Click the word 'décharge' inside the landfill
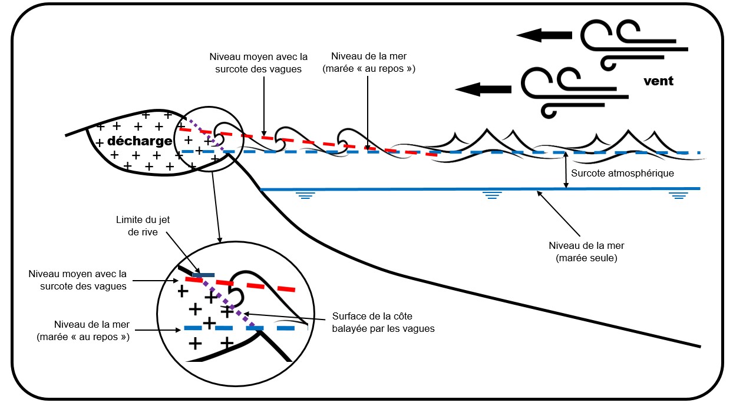(140, 141)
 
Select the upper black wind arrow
(544, 36)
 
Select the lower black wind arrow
(483, 89)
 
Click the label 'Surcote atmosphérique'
(622, 174)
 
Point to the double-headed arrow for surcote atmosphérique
(566, 171)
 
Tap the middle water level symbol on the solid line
(491, 195)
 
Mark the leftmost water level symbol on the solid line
(305, 195)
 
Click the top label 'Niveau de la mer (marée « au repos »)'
(368, 62)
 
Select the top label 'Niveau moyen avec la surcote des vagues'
(259, 62)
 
